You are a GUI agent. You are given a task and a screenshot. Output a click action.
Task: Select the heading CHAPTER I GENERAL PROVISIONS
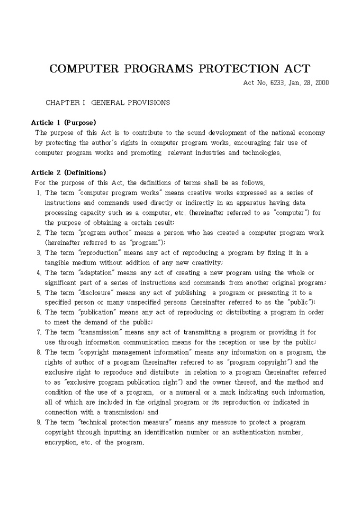107,103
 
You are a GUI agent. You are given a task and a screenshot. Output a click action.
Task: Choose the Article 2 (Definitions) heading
68,172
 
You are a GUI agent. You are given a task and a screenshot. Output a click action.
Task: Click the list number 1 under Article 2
39,193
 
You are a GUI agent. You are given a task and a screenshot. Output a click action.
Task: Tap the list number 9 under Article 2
39,422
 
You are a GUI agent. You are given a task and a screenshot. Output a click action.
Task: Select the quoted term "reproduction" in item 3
98,253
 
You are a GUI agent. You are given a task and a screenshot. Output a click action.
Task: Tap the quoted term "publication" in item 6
97,313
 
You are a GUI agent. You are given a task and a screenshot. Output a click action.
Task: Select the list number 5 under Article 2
39,293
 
